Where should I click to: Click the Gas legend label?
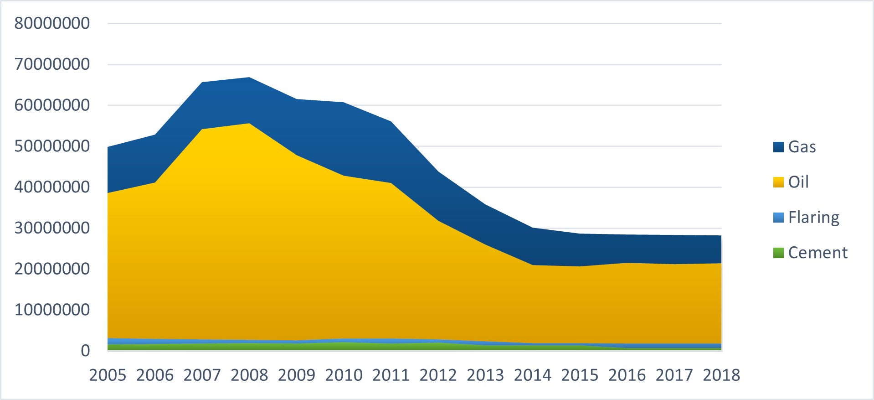coord(802,147)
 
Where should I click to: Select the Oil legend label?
coord(798,182)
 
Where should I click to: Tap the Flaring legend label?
coord(813,218)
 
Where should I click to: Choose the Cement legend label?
coord(817,253)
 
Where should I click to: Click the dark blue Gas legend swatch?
coord(778,147)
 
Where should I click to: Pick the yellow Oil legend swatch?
coord(778,182)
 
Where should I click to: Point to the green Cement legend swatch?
coord(778,253)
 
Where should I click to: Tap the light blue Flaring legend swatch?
coord(778,218)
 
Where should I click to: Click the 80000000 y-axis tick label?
coord(52,23)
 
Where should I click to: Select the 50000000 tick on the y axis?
coord(52,146)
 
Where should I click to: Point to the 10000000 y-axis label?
coord(52,310)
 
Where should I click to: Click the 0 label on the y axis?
coord(85,351)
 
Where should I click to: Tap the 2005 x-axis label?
coord(108,375)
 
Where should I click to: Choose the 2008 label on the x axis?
coord(249,375)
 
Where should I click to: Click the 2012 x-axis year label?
coord(438,375)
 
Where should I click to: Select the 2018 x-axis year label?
coord(721,375)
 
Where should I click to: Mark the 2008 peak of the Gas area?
coord(250,78)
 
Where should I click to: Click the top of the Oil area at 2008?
coord(250,124)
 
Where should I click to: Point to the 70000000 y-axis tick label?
coord(52,64)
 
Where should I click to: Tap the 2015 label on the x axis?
coord(580,375)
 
